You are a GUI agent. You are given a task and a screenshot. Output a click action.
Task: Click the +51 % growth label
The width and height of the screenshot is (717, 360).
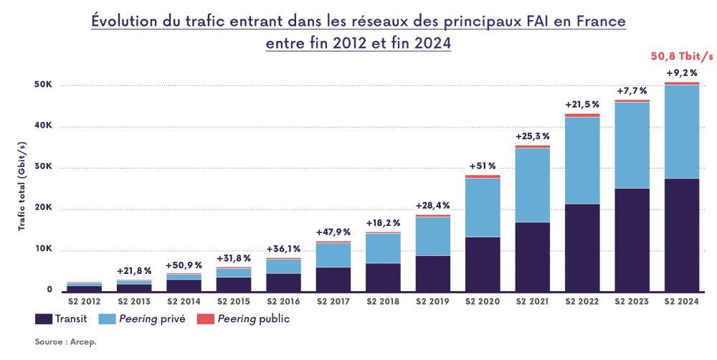483,166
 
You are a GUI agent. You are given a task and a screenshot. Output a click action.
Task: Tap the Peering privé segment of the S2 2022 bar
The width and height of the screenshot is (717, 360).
581,160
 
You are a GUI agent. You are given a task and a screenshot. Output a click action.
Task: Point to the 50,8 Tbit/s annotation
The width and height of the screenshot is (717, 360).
682,56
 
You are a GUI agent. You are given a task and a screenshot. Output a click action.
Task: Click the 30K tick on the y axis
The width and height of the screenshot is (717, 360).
44,168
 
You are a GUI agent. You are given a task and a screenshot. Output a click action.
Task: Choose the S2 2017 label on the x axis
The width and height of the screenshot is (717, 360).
333,302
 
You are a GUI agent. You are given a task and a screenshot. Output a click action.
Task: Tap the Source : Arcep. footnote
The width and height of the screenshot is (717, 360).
65,342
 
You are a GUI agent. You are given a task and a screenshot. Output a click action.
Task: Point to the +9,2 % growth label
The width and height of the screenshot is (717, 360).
682,73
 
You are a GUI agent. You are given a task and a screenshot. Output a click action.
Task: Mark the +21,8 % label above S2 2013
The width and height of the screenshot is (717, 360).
134,270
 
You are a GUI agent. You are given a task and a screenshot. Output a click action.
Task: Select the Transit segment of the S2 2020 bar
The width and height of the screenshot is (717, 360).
482,264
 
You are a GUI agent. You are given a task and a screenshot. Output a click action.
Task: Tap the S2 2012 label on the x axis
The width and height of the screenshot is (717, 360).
84,302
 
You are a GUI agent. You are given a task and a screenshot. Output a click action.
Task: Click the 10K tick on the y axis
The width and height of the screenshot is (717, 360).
44,250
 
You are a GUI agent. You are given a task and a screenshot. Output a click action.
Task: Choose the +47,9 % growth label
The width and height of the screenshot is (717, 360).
333,232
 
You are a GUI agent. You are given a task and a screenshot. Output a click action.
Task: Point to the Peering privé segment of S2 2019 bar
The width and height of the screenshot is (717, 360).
432,236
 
